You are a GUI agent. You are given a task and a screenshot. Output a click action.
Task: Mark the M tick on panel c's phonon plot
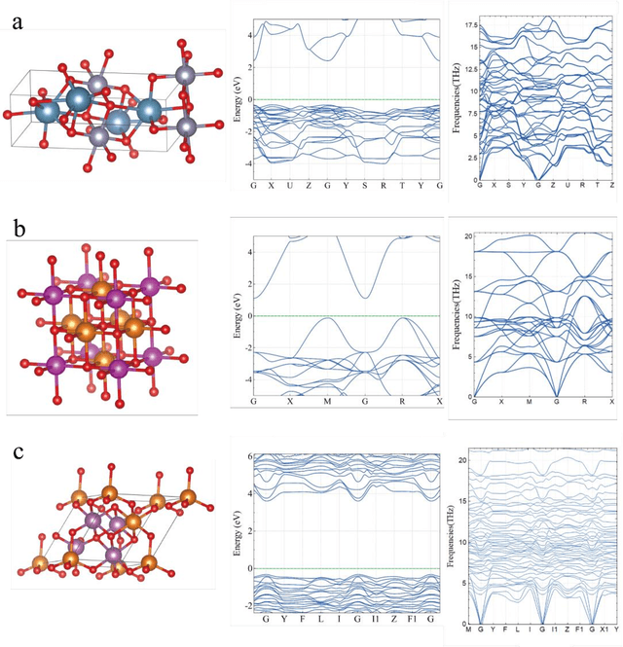469,629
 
